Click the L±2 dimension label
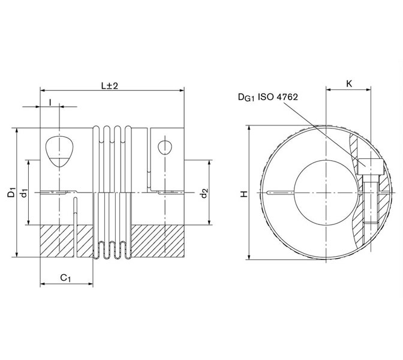[110, 86]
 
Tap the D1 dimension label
[11, 193]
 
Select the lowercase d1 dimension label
[24, 193]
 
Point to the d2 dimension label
[204, 193]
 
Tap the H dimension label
[243, 194]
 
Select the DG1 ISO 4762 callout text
[268, 97]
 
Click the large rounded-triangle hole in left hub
[59, 150]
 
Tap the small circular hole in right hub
[164, 146]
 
